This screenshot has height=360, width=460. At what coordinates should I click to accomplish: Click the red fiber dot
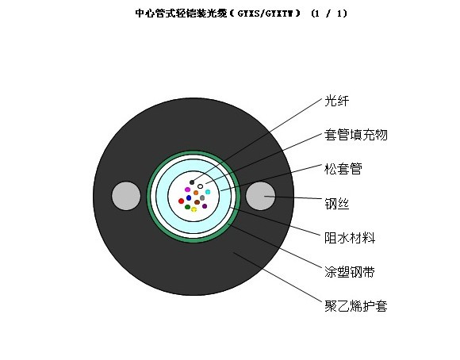coord(182,201)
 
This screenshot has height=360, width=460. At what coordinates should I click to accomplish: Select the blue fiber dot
coord(189,197)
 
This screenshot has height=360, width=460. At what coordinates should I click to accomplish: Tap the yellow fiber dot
coord(194,209)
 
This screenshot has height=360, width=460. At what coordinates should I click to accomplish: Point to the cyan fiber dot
coord(208,192)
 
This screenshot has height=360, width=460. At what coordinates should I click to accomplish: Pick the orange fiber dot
coord(196,193)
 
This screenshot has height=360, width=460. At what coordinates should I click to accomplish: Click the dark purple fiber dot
coord(205,206)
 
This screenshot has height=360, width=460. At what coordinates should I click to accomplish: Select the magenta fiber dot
coord(187,190)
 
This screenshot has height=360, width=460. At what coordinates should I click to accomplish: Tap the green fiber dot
coord(188,207)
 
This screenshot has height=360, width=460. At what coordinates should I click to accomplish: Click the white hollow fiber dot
coord(201,186)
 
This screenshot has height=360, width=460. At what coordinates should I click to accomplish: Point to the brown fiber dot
coord(197,202)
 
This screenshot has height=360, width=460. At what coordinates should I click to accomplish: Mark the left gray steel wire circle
coord(126,196)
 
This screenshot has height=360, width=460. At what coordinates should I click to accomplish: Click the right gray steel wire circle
coord(260,196)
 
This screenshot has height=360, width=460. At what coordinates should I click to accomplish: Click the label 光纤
coord(337,101)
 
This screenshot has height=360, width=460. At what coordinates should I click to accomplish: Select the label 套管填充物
coord(356,135)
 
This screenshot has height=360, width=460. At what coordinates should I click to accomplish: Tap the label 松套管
coord(343,169)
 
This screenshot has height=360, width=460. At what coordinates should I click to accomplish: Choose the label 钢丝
coord(337,204)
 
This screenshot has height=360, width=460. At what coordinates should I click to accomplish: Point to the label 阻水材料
coord(350,238)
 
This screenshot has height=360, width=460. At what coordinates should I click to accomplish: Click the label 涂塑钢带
coord(350,272)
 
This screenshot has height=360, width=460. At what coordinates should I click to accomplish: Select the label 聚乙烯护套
coord(356,306)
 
